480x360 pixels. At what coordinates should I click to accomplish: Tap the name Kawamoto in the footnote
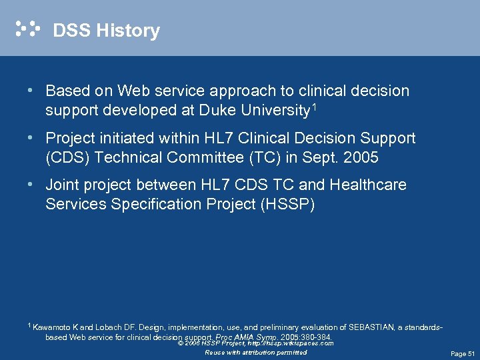pos(55,327)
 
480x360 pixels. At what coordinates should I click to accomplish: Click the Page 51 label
pos(462,353)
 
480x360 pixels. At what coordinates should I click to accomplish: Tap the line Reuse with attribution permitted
pos(256,352)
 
